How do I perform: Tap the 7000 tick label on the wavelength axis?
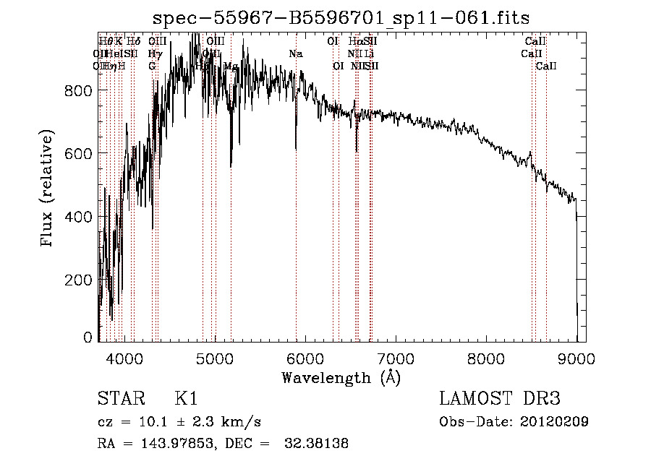tap(396, 358)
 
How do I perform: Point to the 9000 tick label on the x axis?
tap(576, 358)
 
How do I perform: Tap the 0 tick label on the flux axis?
tap(88, 337)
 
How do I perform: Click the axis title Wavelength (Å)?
tap(341, 377)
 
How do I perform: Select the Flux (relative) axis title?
tap(48, 189)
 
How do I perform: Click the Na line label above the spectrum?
tap(295, 53)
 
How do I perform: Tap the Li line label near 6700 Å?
tap(369, 53)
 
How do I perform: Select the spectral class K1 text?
tap(186, 399)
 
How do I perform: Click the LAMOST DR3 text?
tap(500, 399)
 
